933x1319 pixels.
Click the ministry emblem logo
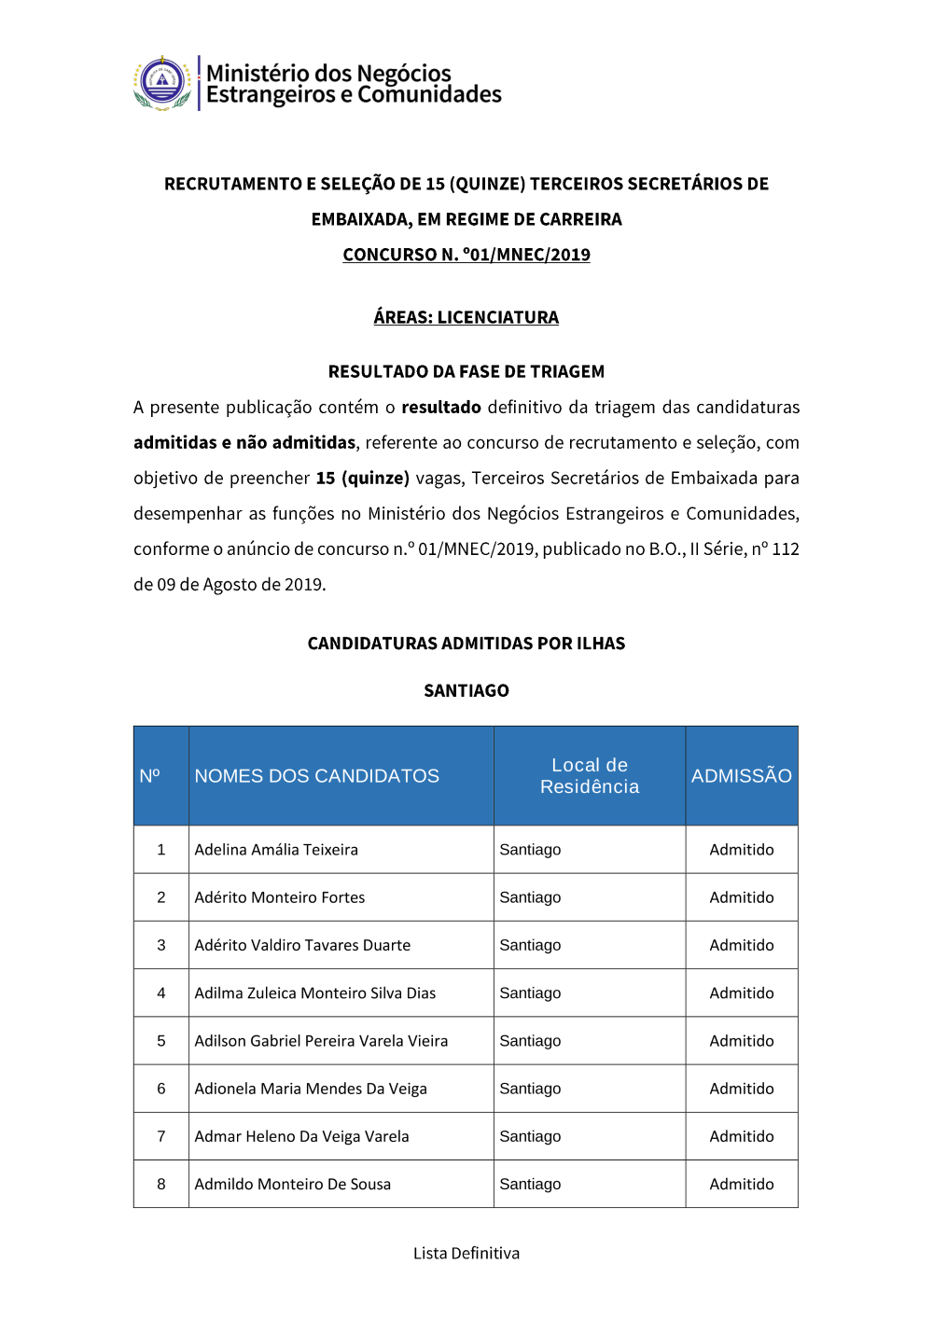(162, 83)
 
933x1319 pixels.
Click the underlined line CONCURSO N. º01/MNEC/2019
(466, 255)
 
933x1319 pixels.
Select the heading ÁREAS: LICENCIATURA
(466, 317)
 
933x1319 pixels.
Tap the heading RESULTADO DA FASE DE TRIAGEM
(466, 371)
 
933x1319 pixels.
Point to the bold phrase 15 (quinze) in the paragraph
(362, 479)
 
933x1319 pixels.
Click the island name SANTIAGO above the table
(466, 690)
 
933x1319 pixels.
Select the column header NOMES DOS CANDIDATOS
(316, 776)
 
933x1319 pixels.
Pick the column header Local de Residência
(590, 776)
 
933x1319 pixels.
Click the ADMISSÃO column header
(742, 776)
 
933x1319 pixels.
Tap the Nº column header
(150, 776)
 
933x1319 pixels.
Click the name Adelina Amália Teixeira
(276, 850)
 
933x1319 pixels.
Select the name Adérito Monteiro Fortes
(280, 897)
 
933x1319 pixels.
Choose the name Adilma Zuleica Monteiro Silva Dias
(315, 993)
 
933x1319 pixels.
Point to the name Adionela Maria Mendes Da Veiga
(311, 1089)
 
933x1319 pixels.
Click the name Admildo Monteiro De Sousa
(293, 1185)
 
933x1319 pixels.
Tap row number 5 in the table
(161, 1041)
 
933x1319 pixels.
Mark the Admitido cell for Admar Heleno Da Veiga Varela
(742, 1136)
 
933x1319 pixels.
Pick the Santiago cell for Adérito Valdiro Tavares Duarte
(530, 945)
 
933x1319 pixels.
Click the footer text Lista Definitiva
(466, 1254)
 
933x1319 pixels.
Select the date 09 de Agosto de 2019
(241, 585)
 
